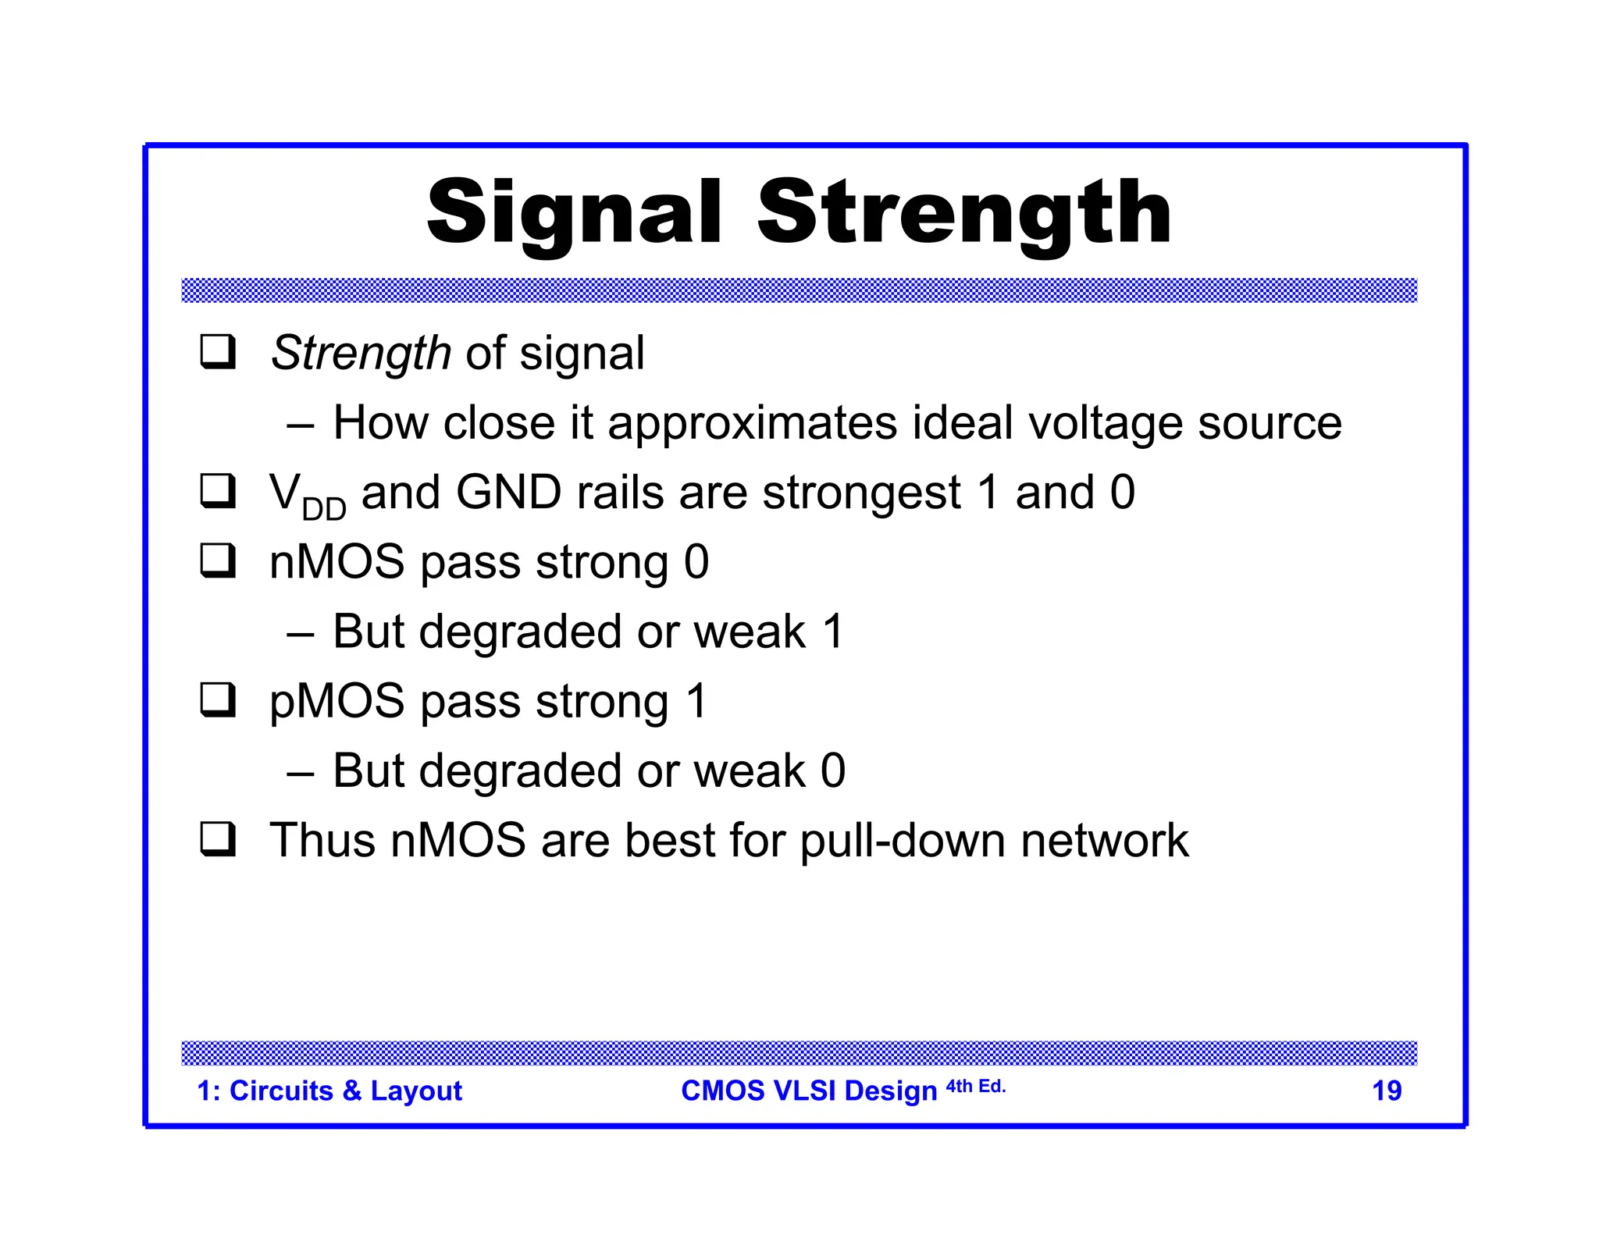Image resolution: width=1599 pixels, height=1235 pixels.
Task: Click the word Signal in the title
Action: (574, 212)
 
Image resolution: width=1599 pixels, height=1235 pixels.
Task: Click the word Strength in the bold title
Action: (964, 212)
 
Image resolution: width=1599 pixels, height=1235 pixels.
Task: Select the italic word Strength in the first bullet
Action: (361, 353)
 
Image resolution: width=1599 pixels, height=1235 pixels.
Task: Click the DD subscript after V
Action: (323, 510)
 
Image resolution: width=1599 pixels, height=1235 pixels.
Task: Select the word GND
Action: (508, 493)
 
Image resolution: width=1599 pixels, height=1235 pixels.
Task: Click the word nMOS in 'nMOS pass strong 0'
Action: (337, 562)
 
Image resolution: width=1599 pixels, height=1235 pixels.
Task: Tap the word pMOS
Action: (337, 702)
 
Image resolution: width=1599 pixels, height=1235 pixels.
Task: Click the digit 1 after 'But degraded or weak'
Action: (833, 632)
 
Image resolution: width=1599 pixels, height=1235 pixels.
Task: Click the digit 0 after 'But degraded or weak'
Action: (833, 771)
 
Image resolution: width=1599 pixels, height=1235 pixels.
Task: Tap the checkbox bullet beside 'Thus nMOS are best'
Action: (218, 840)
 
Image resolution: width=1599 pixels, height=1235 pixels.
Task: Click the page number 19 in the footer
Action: (1387, 1091)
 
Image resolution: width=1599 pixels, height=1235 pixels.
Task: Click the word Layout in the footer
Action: (416, 1091)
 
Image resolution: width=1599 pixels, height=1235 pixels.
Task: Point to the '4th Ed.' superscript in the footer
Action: (975, 1086)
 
